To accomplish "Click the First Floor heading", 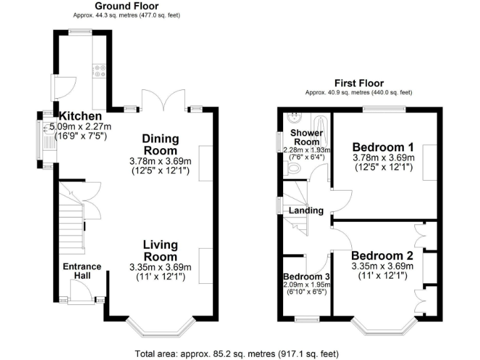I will pyautogui.click(x=359, y=83).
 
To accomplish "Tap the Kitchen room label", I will pyautogui.click(x=80, y=116).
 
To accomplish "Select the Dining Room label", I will pyautogui.click(x=160, y=144).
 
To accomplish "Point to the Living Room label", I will pyautogui.click(x=160, y=250).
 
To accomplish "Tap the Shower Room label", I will pyautogui.click(x=306, y=137).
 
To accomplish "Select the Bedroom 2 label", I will pyautogui.click(x=382, y=256).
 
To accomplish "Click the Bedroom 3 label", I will pyautogui.click(x=306, y=277).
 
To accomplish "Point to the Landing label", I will pyautogui.click(x=306, y=211).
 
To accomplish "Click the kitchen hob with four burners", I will pyautogui.click(x=100, y=71).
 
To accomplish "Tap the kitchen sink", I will pyautogui.click(x=48, y=140).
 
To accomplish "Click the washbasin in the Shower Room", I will pyautogui.click(x=292, y=117).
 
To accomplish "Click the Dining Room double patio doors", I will pyautogui.click(x=156, y=100).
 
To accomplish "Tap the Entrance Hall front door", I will pyautogui.click(x=80, y=291).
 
